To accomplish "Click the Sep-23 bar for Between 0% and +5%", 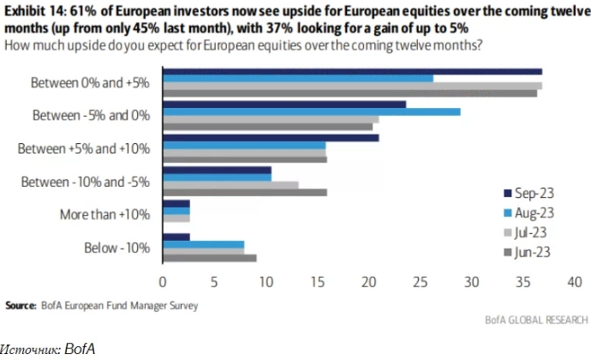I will [x=352, y=71].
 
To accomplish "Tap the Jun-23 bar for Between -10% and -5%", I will [x=245, y=192].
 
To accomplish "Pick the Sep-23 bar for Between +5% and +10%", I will [x=271, y=137].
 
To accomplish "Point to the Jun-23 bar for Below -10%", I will [x=209, y=257].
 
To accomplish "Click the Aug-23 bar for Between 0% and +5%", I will [x=298, y=78].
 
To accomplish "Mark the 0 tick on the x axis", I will [x=163, y=280].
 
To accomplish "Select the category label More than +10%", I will [x=105, y=214].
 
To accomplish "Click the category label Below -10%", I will [x=117, y=248].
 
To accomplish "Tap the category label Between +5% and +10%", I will [x=84, y=148].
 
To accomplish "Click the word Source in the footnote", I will [x=21, y=304].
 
